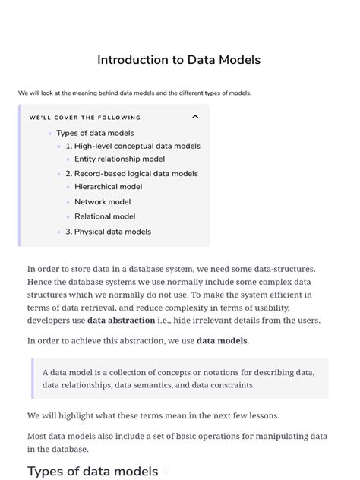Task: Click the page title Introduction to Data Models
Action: [x=179, y=59]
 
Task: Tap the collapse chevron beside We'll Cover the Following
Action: [x=195, y=117]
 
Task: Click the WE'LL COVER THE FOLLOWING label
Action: [x=85, y=118]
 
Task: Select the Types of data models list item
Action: [x=95, y=133]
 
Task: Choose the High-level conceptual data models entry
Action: [x=133, y=146]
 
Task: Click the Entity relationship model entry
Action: [x=119, y=159]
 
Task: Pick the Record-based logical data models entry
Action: [x=131, y=174]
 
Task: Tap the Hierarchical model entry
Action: [x=108, y=187]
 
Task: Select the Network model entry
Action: [x=103, y=202]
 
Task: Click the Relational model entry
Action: [x=105, y=216]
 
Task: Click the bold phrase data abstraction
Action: [x=121, y=321]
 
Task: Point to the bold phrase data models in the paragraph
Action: [x=222, y=341]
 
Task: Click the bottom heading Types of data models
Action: [x=93, y=471]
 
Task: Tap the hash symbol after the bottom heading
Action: [x=166, y=471]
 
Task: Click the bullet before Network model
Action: [x=68, y=202]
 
